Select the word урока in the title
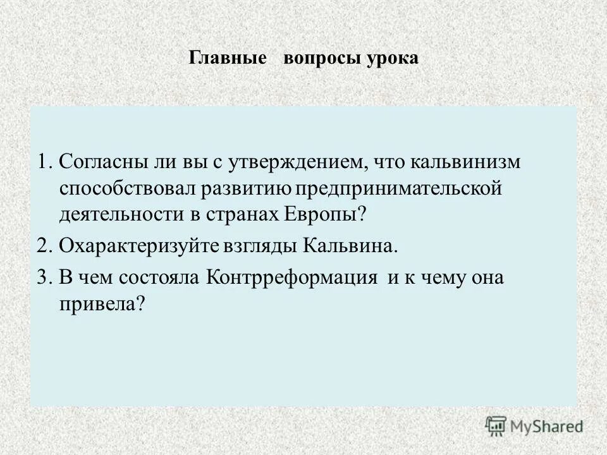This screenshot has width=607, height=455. [392, 59]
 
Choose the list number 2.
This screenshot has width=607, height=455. [42, 246]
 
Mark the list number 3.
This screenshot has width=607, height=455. [42, 278]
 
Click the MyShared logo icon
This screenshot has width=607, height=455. [496, 426]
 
